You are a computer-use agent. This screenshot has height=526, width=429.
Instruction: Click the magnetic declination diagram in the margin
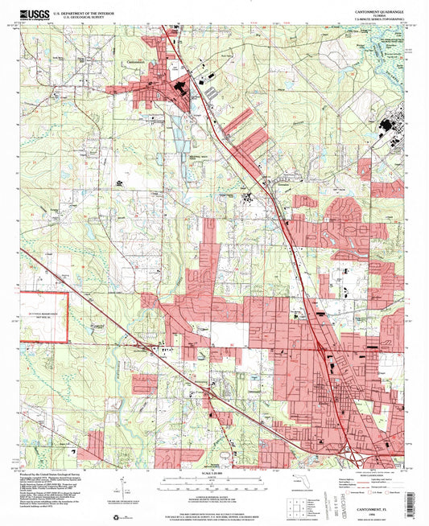tap(121, 487)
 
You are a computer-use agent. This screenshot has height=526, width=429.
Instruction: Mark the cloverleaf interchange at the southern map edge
tap(353, 458)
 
